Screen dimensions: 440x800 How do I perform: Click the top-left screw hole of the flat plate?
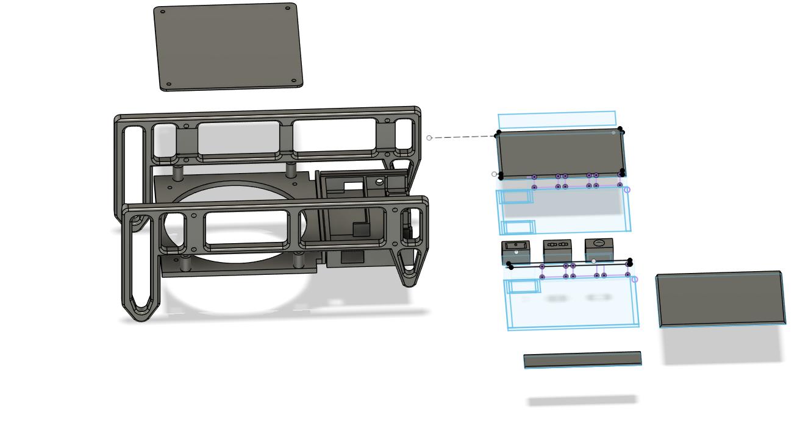162,11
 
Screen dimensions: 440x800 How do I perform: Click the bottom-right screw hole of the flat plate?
294,80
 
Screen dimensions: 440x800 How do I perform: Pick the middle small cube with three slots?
557,250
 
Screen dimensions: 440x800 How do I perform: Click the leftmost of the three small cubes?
515,251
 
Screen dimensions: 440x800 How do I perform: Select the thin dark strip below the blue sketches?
582,360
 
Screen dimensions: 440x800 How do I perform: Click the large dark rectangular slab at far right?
721,299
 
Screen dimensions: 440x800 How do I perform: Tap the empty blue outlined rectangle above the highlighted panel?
557,119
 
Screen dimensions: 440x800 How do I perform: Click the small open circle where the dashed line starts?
429,138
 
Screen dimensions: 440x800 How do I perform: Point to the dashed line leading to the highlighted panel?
463,137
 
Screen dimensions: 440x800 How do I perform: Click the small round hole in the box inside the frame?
379,181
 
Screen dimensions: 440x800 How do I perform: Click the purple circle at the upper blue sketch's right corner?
627,190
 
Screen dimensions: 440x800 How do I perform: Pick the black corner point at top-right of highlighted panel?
620,130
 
